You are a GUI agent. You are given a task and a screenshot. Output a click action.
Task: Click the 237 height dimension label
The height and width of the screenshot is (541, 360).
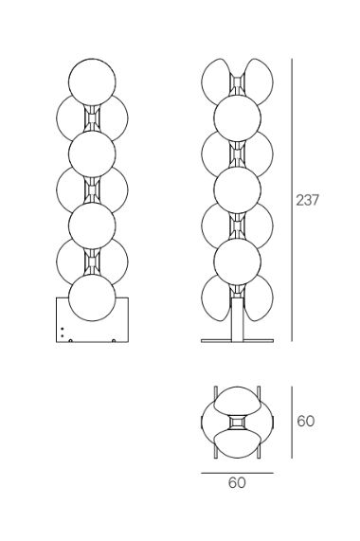click(x=308, y=200)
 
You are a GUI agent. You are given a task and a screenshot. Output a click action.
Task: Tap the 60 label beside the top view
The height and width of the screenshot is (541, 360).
click(x=306, y=422)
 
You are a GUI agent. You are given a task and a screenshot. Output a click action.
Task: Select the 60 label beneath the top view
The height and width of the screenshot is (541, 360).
click(x=237, y=482)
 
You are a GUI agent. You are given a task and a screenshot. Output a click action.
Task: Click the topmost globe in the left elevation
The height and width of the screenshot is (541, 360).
click(x=92, y=81)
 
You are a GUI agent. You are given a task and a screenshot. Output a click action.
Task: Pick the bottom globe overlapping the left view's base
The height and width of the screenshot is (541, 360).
click(x=92, y=298)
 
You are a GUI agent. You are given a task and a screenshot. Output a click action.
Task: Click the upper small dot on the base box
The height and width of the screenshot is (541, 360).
click(x=63, y=329)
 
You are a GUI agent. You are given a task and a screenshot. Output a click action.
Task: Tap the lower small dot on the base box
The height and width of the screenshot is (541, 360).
click(x=63, y=335)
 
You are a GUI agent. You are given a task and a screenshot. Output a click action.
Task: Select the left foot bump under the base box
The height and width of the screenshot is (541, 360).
click(x=70, y=341)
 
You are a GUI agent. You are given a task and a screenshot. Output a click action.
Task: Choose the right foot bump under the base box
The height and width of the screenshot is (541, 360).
click(x=114, y=341)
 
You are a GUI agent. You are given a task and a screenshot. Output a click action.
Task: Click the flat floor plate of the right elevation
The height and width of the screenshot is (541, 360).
click(x=237, y=341)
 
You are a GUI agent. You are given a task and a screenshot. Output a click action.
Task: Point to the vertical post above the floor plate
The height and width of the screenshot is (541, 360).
click(x=237, y=319)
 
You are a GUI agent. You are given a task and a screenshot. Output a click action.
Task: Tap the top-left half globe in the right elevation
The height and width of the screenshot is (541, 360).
click(x=215, y=81)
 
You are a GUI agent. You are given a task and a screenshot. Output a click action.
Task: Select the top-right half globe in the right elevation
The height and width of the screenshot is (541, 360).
click(x=259, y=81)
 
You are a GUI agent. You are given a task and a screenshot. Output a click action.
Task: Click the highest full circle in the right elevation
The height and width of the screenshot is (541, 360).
click(x=237, y=117)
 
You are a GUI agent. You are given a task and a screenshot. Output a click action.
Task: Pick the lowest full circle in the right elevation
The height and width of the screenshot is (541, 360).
click(x=237, y=261)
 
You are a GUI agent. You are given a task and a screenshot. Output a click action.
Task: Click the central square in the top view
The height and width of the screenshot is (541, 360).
click(x=237, y=423)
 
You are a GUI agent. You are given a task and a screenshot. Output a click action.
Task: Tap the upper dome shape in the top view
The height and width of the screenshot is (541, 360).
click(x=237, y=400)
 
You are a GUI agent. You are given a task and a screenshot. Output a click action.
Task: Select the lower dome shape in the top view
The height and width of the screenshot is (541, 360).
click(x=237, y=444)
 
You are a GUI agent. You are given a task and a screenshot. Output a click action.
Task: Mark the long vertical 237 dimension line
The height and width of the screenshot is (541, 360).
click(x=292, y=200)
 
